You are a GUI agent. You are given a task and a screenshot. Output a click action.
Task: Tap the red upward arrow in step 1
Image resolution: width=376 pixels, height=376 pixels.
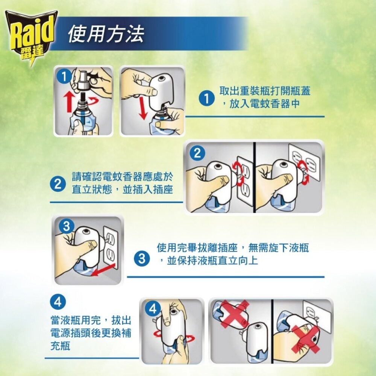[x=68, y=102]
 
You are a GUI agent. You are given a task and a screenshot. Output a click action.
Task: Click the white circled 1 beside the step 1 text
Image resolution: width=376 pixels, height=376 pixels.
[x=206, y=99]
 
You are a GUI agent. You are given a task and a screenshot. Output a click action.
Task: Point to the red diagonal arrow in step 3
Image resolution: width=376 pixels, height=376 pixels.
[x=104, y=271]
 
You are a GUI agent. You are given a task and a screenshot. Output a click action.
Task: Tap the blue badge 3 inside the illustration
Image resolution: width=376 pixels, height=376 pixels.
[x=67, y=226]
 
